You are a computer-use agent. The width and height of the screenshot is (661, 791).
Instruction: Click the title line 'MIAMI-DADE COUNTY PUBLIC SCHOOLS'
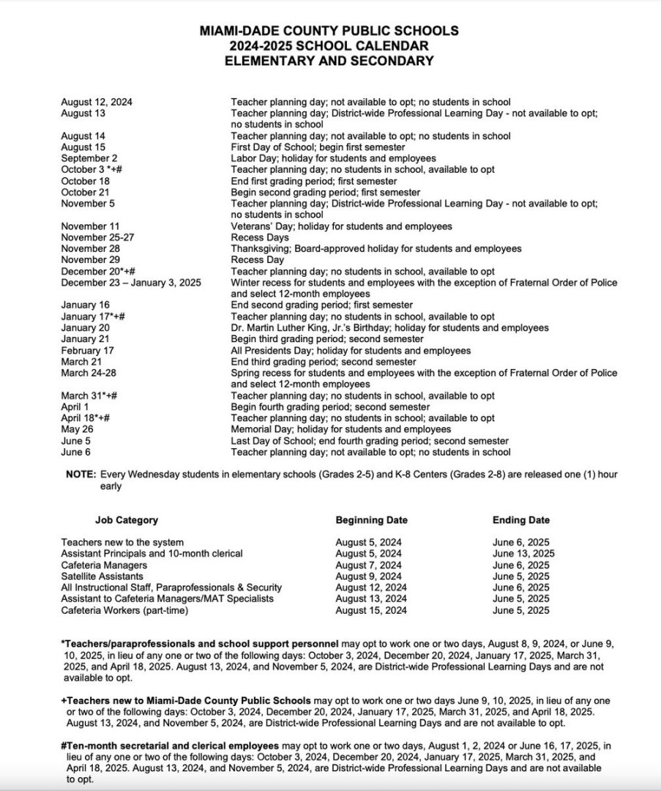[x=329, y=31]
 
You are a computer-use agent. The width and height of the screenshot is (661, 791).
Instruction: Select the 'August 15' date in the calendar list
[x=83, y=147]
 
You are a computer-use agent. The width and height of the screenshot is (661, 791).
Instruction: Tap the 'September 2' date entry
[x=89, y=158]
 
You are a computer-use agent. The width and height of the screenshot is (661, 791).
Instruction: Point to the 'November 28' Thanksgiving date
[x=89, y=249]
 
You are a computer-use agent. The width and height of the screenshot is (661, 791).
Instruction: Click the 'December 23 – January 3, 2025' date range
[x=131, y=283]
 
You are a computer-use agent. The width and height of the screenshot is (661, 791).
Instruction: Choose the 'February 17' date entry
[x=88, y=351]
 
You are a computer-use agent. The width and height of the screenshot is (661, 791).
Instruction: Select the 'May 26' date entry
[x=77, y=429]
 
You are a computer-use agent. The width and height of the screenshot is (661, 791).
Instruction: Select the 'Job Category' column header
[x=126, y=520]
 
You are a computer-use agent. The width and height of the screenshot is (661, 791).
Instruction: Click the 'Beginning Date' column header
[x=372, y=520]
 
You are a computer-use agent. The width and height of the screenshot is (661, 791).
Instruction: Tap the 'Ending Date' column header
[x=521, y=520]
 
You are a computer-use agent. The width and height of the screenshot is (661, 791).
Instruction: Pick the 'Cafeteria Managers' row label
[x=104, y=565]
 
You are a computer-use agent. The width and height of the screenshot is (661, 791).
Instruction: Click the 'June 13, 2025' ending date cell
[x=523, y=554]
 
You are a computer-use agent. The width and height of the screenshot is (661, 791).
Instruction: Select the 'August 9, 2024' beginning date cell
[x=368, y=576]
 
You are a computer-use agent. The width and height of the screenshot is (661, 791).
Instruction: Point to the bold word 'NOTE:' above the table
[x=81, y=475]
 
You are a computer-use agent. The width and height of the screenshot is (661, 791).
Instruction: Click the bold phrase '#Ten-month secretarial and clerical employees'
[x=175, y=746]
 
